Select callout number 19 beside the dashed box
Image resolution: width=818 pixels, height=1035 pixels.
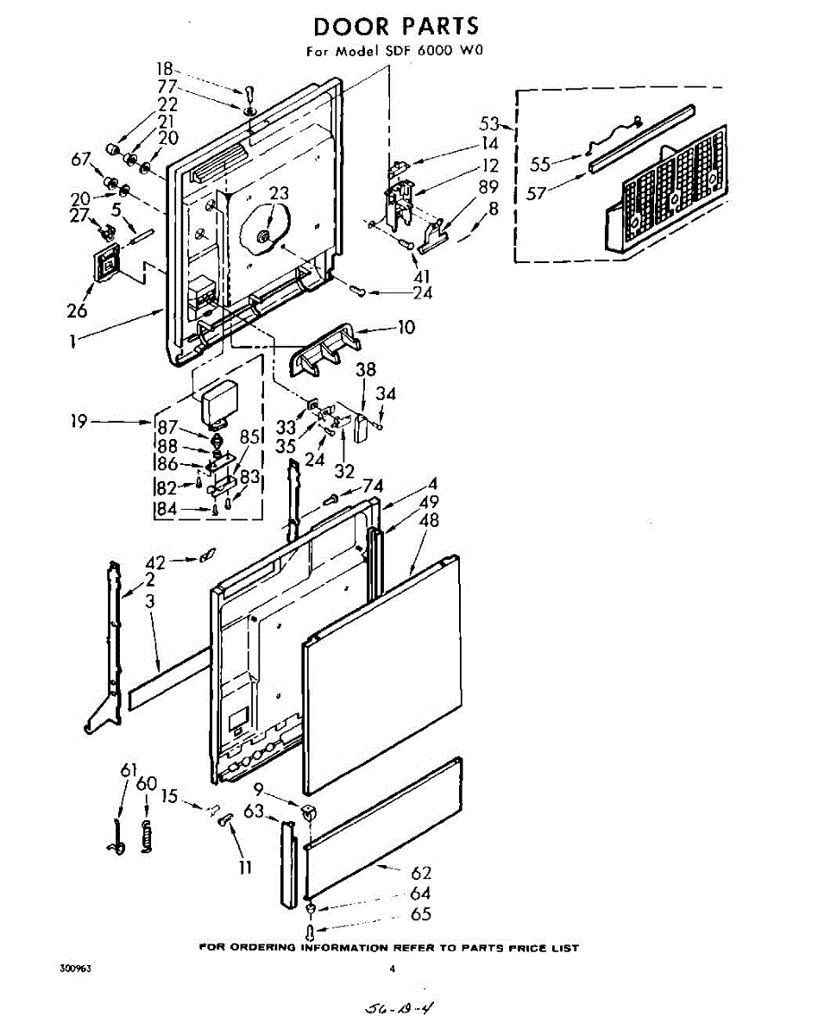(x=79, y=422)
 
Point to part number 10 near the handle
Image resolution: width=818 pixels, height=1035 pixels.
(x=406, y=327)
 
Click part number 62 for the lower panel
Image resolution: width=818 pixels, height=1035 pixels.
(x=420, y=874)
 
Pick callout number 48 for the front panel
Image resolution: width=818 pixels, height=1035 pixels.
(x=429, y=520)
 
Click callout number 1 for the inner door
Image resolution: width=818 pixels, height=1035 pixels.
(x=75, y=341)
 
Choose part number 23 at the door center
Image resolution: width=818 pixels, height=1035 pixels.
(x=278, y=194)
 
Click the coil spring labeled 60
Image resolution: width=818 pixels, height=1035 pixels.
(x=148, y=836)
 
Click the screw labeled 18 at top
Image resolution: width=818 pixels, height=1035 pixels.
(x=249, y=91)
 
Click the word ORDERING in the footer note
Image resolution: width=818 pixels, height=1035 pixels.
(x=266, y=948)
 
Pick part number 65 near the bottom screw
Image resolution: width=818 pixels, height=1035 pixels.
(x=420, y=914)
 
